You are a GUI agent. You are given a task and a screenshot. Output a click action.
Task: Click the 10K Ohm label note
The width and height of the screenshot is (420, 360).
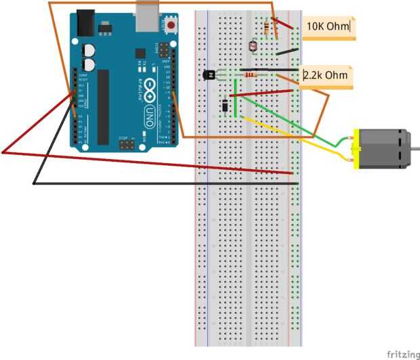click(329, 27)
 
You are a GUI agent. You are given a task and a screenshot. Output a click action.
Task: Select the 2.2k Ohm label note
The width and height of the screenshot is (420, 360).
click(327, 75)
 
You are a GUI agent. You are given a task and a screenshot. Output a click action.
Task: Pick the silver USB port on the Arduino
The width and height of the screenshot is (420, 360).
click(146, 19)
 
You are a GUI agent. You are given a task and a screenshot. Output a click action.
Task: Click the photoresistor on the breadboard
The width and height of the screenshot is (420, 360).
click(253, 47)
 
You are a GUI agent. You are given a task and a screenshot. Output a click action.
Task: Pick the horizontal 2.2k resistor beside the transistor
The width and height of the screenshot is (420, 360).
click(252, 74)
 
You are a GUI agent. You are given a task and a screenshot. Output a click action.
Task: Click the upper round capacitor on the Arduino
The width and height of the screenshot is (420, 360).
click(89, 49)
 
